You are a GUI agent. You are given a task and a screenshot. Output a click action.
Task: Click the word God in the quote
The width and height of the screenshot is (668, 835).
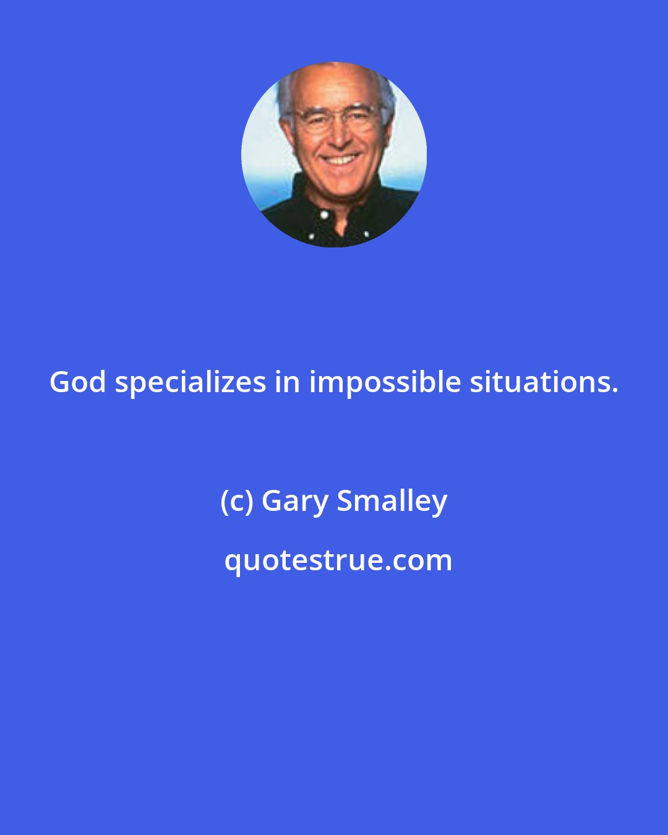point(77,382)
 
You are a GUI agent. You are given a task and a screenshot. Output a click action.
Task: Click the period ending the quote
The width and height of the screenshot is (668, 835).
point(615,390)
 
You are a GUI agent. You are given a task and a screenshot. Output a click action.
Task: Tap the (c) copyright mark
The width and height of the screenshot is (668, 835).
point(237,501)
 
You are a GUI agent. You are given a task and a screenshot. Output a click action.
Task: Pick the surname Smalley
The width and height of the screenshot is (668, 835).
point(392,501)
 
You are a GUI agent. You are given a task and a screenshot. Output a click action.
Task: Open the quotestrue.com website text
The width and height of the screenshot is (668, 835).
point(338,561)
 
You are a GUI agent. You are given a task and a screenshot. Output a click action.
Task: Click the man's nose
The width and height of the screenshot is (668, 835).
point(338,138)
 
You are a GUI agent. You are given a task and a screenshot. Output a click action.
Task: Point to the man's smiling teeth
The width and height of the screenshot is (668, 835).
point(341,160)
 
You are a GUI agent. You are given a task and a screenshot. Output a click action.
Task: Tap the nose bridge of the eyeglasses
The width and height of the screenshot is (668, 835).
point(336,118)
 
